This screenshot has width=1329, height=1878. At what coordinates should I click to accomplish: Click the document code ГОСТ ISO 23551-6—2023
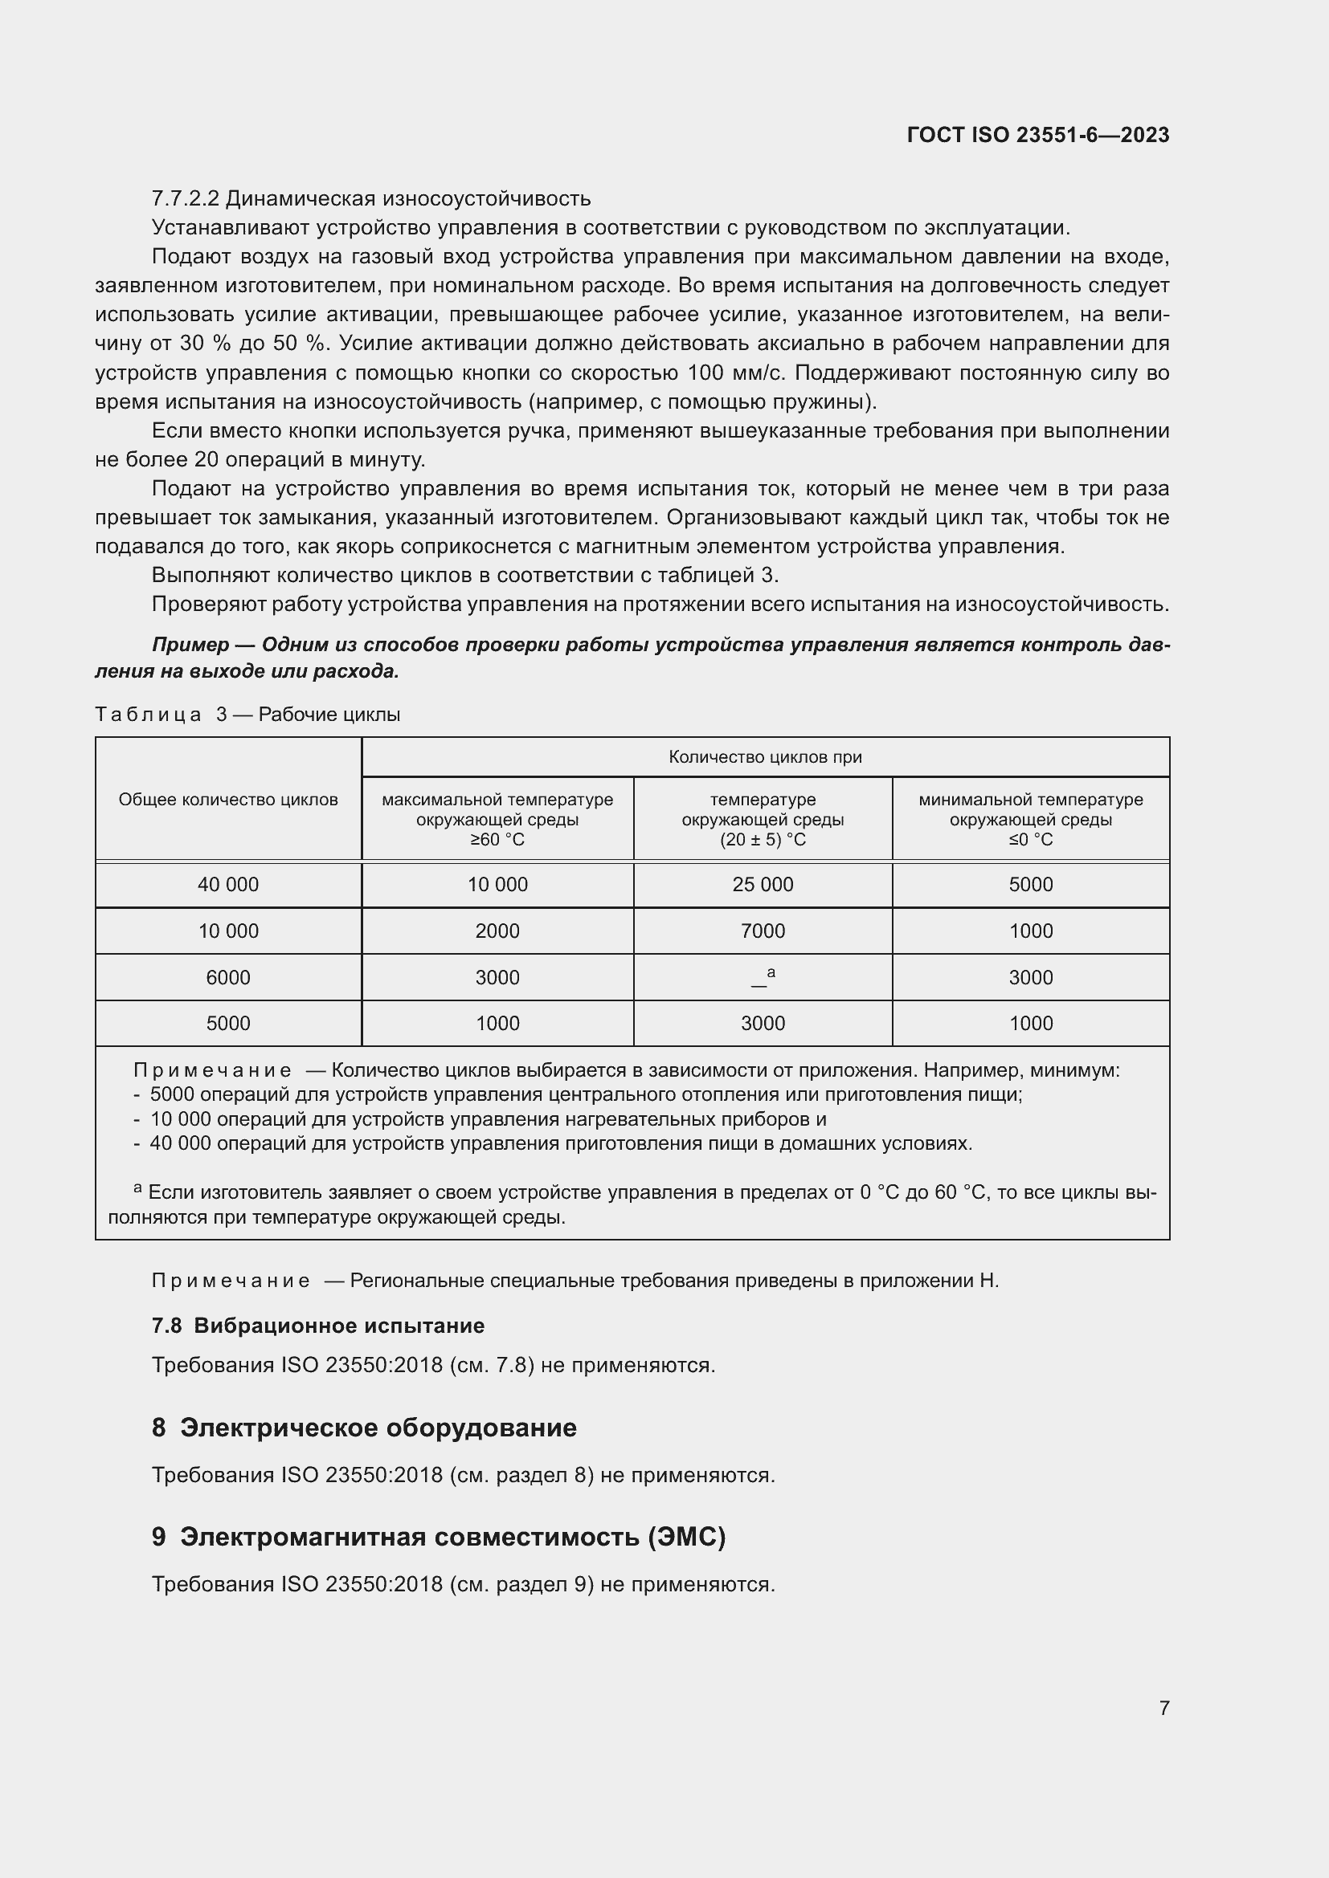[1037, 135]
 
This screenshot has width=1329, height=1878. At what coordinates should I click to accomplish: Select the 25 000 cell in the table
[763, 884]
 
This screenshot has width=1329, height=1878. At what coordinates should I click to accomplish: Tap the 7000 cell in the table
[763, 931]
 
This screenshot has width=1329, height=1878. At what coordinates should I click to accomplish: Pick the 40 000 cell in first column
[228, 884]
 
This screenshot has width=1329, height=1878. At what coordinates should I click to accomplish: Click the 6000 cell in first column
[228, 977]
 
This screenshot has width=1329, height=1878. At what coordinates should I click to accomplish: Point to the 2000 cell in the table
[497, 931]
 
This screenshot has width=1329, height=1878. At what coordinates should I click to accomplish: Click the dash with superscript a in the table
[763, 977]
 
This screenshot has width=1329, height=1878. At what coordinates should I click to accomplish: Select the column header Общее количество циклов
[228, 799]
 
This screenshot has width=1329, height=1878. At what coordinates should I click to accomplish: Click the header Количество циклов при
[765, 756]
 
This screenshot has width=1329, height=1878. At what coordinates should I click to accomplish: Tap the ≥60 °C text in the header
[497, 839]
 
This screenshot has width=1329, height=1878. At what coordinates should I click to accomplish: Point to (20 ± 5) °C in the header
[763, 839]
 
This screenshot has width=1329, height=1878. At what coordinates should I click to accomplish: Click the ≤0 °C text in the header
[1030, 839]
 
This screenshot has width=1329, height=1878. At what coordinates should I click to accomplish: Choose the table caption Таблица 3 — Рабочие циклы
[248, 714]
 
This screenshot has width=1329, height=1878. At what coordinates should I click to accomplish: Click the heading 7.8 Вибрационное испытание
[318, 1326]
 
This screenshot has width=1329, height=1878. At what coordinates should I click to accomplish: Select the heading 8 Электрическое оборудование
[364, 1428]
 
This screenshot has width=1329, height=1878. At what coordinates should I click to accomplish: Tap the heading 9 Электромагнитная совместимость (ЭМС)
[439, 1537]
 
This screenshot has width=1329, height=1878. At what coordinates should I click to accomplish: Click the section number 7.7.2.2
[185, 199]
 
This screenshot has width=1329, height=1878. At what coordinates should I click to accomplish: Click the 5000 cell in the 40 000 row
[1030, 884]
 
